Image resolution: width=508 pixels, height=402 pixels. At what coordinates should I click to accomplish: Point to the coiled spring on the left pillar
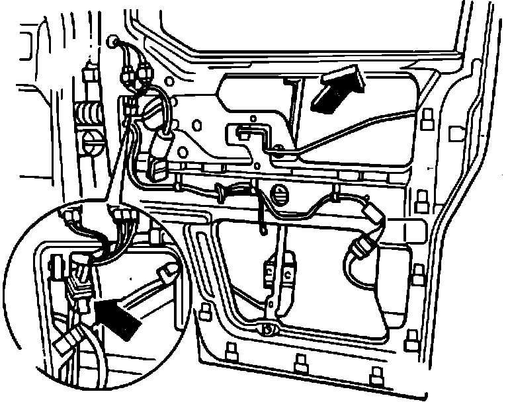click(87, 112)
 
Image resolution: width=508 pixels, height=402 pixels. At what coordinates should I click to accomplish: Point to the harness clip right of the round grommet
click(337, 196)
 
